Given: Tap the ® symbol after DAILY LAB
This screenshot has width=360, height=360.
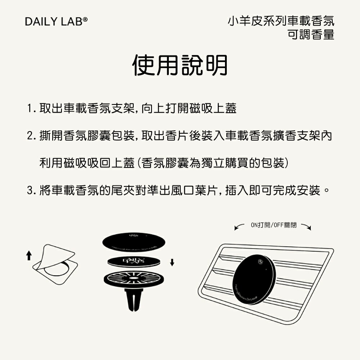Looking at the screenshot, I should pos(86,19).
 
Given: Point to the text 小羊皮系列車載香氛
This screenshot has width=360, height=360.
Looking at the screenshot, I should pos(281,21).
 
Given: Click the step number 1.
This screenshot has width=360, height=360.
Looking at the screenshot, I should pos(30,108).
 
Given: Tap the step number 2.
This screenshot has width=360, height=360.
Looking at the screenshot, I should pos(30,137).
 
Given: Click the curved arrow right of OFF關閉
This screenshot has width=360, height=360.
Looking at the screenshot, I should pos(306,226).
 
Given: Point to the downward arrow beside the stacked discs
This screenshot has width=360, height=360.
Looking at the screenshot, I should pos(172,262).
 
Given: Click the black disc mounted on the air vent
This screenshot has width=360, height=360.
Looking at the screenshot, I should pos(254,275).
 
